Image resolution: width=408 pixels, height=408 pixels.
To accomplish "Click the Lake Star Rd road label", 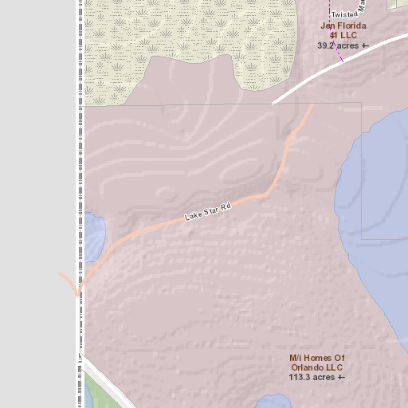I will click(207, 212).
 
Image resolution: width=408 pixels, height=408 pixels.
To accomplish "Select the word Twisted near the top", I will click(344, 14).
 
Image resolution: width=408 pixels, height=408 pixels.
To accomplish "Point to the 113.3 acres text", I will click(312, 378).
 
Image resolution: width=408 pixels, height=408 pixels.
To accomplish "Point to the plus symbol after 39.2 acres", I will click(365, 46).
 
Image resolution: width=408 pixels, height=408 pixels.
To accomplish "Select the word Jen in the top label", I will click(326, 25).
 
